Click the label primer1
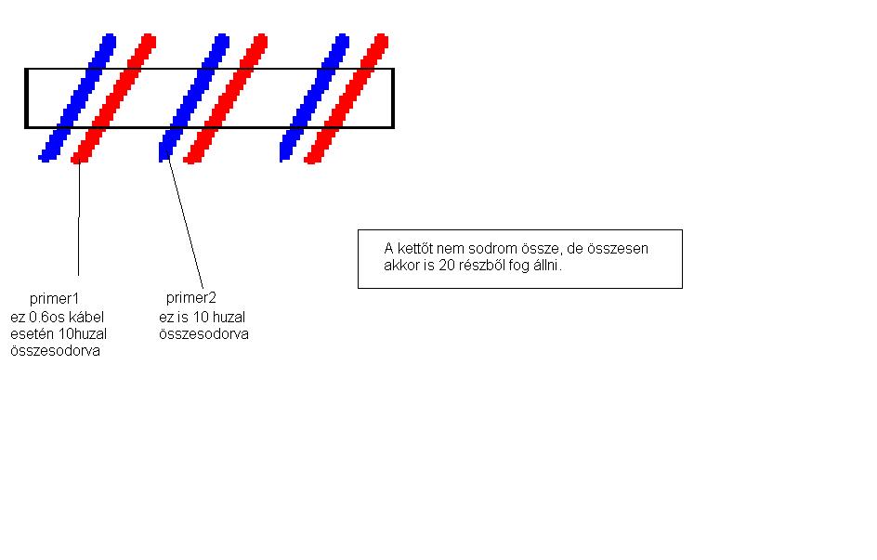pyautogui.click(x=55, y=298)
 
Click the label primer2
pyautogui.click(x=190, y=298)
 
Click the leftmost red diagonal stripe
pyautogui.click(x=113, y=97)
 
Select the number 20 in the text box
pyautogui.click(x=444, y=265)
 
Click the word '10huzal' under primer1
pyautogui.click(x=78, y=334)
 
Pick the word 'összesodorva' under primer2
pyautogui.click(x=203, y=334)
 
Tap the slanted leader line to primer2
pyautogui.click(x=186, y=223)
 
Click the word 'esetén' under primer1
pyautogui.click(x=31, y=334)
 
